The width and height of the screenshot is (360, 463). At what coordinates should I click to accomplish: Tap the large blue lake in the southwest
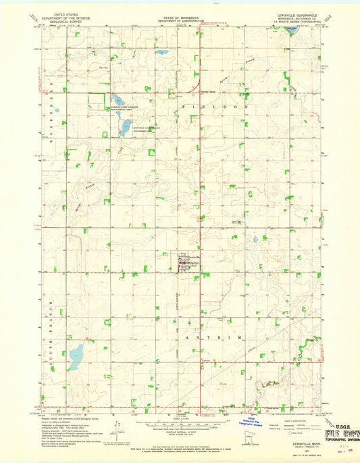click(x=76, y=354)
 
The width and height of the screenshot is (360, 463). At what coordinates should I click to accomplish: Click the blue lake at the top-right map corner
click(x=291, y=30)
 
